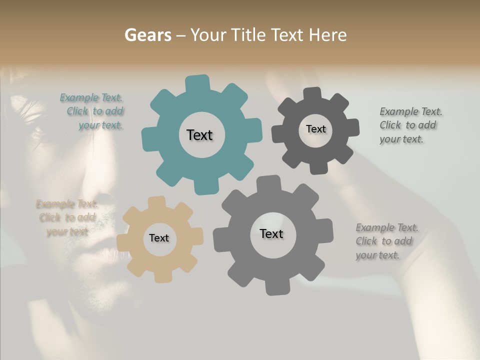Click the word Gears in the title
coord(147,35)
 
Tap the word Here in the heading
coord(327,35)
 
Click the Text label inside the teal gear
coord(199,135)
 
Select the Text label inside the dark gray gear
coord(315,129)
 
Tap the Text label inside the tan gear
coord(159,238)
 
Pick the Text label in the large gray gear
coord(271,233)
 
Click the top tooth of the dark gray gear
coord(312,93)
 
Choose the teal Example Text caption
coord(91,111)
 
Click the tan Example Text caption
coord(66,218)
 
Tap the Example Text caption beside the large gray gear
coord(387,241)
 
